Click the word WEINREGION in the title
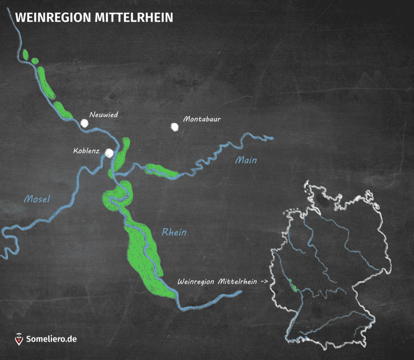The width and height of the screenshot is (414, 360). tap(53, 18)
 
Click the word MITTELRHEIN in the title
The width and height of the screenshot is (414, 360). tap(134, 18)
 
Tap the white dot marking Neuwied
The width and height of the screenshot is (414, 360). tap(85, 123)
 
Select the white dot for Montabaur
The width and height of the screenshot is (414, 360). tap(174, 127)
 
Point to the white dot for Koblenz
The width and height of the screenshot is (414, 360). tap(109, 153)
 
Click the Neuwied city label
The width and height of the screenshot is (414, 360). tap(103, 115)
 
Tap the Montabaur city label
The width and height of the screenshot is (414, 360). tap(202, 119)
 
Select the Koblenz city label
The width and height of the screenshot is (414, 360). tap(86, 151)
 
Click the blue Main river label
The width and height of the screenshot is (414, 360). tap(246, 160)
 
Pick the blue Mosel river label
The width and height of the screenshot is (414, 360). tap(37, 199)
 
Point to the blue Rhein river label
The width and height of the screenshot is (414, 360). tap(174, 232)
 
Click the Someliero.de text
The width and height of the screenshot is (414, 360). tap(51, 339)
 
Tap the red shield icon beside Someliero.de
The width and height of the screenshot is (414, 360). tap(19, 339)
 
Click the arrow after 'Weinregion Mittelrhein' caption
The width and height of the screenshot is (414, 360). tap(265, 281)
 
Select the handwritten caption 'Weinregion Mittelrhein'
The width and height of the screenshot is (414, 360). tap(217, 282)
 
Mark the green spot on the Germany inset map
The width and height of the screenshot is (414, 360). tap(293, 286)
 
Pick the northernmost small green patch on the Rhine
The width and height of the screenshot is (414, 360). tap(26, 55)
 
